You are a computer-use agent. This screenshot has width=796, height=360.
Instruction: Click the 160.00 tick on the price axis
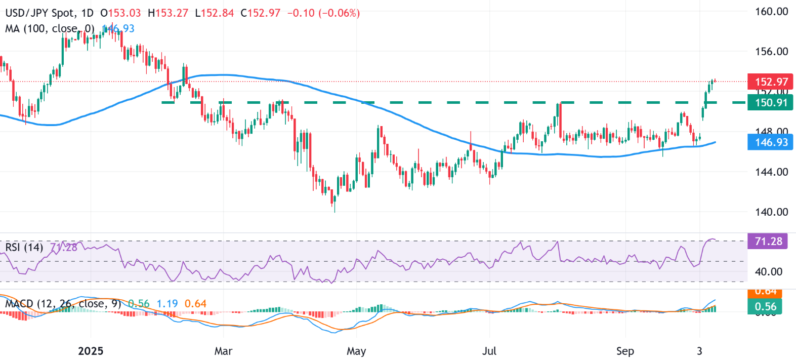[771, 11]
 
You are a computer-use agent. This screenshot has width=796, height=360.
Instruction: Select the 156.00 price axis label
[771, 51]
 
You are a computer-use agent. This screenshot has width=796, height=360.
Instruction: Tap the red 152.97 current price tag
[771, 82]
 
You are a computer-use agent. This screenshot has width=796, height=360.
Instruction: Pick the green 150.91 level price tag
[771, 103]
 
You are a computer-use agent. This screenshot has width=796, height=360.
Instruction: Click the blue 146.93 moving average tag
[771, 142]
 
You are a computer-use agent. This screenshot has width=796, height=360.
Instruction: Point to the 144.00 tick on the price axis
[771, 172]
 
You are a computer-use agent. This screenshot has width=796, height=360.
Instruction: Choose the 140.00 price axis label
[771, 212]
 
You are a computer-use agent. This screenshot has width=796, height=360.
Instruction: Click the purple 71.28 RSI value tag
[768, 242]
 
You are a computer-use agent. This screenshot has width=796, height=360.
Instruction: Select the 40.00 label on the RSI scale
[768, 272]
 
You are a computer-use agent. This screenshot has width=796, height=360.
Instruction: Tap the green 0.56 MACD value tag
[765, 306]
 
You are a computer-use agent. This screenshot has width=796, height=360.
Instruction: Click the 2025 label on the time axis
[91, 351]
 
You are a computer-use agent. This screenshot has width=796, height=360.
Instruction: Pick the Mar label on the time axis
[223, 351]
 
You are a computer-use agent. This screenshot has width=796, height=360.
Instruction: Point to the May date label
[356, 351]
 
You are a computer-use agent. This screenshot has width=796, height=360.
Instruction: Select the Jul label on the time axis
[489, 351]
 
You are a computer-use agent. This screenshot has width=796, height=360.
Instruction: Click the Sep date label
[625, 351]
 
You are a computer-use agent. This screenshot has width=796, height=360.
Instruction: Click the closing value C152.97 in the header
[260, 13]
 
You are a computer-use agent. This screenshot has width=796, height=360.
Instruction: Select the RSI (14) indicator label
[24, 247]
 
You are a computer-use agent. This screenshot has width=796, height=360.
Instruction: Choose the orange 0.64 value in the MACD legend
[195, 304]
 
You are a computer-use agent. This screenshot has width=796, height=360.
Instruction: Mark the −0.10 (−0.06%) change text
[323, 13]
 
